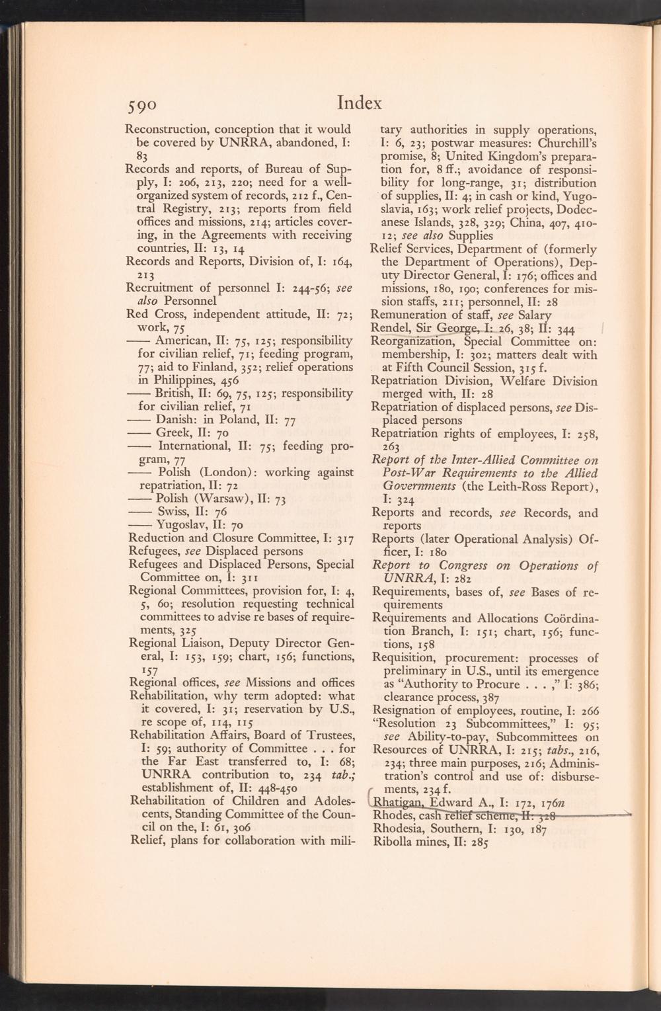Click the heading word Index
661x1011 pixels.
pyautogui.click(x=360, y=102)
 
